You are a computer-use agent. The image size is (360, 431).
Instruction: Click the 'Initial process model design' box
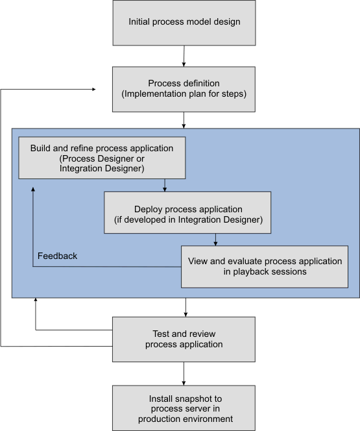(x=184, y=23)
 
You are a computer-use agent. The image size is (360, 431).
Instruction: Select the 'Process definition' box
(x=184, y=89)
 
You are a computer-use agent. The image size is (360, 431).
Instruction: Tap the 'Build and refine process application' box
(x=102, y=158)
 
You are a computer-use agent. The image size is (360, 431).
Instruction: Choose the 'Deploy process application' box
(x=187, y=212)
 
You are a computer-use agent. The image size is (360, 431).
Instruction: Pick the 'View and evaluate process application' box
(x=265, y=267)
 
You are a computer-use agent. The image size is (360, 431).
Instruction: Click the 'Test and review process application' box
(x=184, y=339)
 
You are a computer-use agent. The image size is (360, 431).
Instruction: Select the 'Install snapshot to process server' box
(x=184, y=408)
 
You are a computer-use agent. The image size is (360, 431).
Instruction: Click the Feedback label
(x=57, y=256)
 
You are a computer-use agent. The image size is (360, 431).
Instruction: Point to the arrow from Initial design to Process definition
(x=184, y=56)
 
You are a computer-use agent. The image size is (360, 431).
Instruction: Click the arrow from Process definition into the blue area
(x=184, y=120)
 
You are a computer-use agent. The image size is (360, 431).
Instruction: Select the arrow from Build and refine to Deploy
(x=165, y=185)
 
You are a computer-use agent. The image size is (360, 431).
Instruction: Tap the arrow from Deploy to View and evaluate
(x=215, y=240)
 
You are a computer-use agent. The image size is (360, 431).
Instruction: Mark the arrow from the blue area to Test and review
(x=186, y=307)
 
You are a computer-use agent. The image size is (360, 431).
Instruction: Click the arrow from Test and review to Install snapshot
(x=184, y=373)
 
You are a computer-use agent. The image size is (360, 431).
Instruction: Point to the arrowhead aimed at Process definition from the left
(x=94, y=89)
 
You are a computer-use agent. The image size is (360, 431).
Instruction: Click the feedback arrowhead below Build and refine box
(x=33, y=189)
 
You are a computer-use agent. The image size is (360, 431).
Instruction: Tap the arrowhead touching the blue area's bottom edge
(x=36, y=300)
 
